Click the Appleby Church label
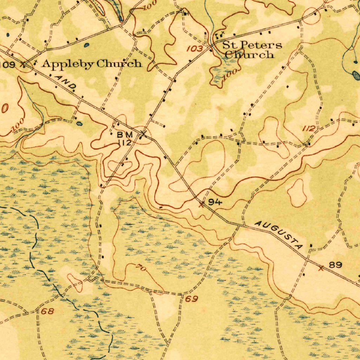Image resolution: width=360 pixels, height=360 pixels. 92,64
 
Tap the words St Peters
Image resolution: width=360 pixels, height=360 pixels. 252,45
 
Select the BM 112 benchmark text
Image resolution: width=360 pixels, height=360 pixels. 125,139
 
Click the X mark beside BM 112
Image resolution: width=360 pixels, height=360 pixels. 143,134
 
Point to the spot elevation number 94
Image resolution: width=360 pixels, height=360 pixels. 215,202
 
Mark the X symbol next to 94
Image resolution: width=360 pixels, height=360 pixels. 201,204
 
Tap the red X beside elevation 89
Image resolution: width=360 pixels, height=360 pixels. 321,268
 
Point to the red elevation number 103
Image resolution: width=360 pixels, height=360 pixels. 194,49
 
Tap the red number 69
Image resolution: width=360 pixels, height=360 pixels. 192,299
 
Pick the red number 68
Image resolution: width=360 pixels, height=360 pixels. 47,311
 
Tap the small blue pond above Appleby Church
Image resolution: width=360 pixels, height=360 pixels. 86,45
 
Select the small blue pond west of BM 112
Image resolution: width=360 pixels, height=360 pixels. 79,123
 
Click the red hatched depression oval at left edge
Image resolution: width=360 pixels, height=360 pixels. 5,108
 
